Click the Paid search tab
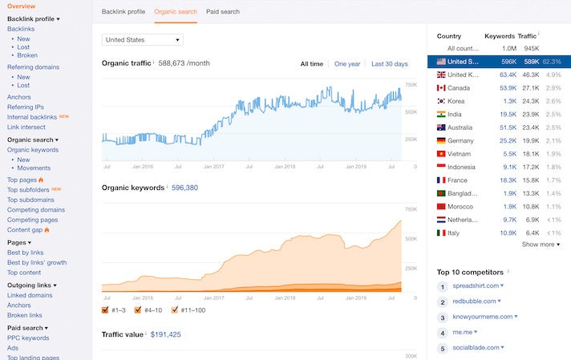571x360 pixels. pyautogui.click(x=222, y=12)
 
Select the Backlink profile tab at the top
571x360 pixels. pyautogui.click(x=123, y=12)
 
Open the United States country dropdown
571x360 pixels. pyautogui.click(x=143, y=39)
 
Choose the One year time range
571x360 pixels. pyautogui.click(x=347, y=64)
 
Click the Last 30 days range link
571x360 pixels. pyautogui.click(x=389, y=64)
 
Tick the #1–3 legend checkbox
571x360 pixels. pyautogui.click(x=106, y=309)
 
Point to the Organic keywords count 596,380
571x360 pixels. pyautogui.click(x=184, y=188)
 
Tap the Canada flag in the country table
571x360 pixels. pyautogui.click(x=440, y=87)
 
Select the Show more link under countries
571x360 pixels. pyautogui.click(x=540, y=245)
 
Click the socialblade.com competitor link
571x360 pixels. pyautogui.click(x=476, y=348)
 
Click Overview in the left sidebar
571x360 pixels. pyautogui.click(x=21, y=6)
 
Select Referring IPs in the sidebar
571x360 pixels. pyautogui.click(x=26, y=107)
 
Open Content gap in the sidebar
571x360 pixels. pyautogui.click(x=26, y=230)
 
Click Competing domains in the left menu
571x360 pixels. pyautogui.click(x=36, y=210)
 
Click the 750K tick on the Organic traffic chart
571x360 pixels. pyautogui.click(x=411, y=84)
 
